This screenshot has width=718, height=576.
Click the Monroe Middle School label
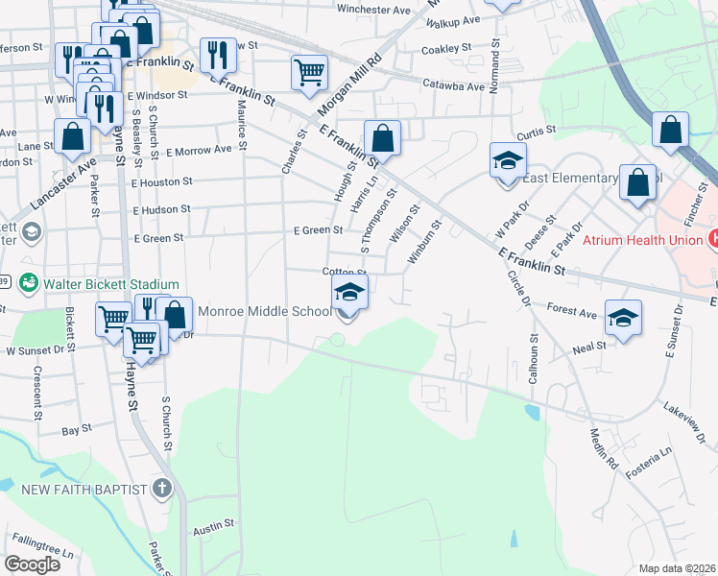tap(264, 311)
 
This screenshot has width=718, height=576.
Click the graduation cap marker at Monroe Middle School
tap(350, 294)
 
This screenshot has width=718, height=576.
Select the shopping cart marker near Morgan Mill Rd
tap(310, 73)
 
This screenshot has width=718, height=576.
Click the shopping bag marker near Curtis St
tap(671, 130)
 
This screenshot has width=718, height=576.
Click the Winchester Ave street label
tap(347, 10)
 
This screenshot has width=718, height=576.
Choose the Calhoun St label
tap(533, 361)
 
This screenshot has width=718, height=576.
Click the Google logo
tap(33, 564)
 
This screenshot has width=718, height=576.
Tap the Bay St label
tap(77, 431)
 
